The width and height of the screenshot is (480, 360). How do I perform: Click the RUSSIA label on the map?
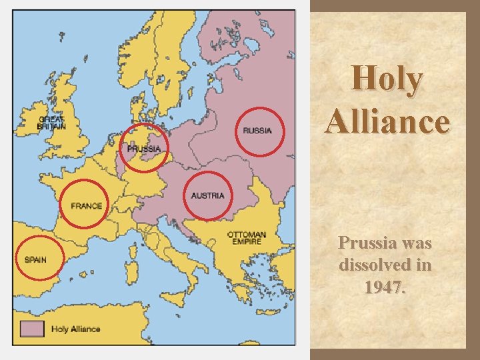(257, 131)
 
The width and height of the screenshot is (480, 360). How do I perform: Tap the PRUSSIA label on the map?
(144, 149)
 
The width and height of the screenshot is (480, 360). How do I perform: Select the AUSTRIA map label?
(207, 195)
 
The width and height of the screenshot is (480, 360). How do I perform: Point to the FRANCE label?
(87, 206)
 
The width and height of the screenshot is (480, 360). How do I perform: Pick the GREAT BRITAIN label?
(51, 123)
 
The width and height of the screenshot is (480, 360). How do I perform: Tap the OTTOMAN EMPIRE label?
(247, 238)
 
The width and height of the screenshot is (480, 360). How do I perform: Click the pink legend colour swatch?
(32, 329)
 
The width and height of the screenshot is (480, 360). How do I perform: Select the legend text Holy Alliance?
(75, 329)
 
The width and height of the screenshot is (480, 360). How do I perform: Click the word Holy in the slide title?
(387, 80)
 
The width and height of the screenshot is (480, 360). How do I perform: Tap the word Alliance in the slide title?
(387, 121)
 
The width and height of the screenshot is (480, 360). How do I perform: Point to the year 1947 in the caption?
(385, 288)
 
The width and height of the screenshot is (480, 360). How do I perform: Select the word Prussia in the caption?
(366, 243)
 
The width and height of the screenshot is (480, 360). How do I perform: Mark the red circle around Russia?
(283, 131)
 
